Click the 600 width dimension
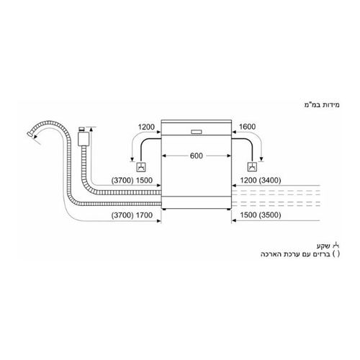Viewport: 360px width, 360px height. click(197, 156)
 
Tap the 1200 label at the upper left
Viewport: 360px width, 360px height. click(146, 127)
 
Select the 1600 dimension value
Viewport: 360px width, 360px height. click(247, 127)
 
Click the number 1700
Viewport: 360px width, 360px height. click(144, 215)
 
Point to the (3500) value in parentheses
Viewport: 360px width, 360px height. click(270, 215)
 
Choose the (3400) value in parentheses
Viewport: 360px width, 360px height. click(270, 180)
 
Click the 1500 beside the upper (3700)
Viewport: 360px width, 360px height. click(144, 180)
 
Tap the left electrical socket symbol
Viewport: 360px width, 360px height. click(141, 167)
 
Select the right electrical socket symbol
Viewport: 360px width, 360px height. click(252, 167)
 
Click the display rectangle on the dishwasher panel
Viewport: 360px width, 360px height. click(197, 132)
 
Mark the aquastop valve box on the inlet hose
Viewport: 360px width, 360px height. click(84, 139)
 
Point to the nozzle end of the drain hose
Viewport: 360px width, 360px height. click(30, 133)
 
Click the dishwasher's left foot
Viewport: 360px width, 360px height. click(164, 210)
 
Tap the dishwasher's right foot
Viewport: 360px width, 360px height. click(228, 210)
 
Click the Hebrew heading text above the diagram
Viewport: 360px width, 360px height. click(322, 105)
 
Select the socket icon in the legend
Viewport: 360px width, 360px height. click(336, 246)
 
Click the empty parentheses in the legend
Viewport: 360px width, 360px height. click(336, 254)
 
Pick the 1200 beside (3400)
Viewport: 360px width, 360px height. click(248, 180)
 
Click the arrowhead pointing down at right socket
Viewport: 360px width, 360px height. click(261, 159)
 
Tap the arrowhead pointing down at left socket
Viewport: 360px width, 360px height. click(132, 159)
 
